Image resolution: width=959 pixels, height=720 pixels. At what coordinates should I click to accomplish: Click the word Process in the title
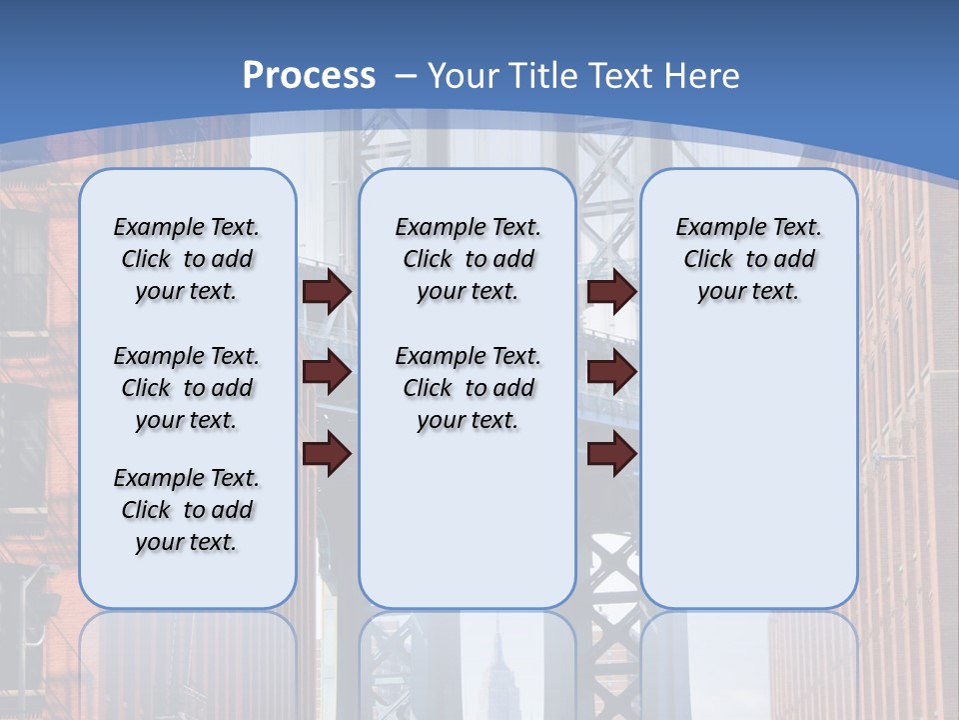(x=309, y=76)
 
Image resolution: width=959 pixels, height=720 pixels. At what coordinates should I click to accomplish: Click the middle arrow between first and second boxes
(x=327, y=372)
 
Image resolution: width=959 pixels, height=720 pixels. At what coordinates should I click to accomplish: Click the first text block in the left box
(x=187, y=259)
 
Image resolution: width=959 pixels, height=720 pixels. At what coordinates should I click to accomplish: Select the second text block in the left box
(x=187, y=388)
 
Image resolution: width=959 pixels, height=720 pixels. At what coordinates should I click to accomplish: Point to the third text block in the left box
(x=187, y=510)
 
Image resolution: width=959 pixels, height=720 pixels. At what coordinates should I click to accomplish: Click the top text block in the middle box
(x=468, y=259)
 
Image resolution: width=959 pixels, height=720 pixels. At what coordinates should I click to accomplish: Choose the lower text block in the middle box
(x=468, y=388)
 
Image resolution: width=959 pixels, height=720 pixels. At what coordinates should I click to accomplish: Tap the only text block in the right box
(x=748, y=259)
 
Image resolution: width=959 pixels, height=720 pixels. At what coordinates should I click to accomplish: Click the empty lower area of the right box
(x=748, y=480)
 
